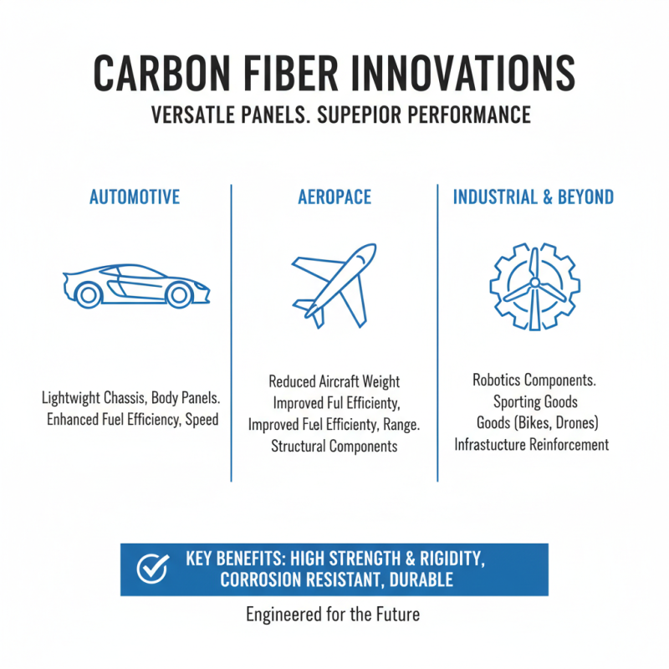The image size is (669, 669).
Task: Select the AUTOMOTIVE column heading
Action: (135, 197)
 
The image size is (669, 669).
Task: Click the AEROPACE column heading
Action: (334, 197)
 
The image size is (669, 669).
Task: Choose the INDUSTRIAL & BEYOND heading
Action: (533, 197)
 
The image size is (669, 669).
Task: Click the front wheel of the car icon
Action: (178, 294)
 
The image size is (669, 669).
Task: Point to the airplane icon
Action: (334, 285)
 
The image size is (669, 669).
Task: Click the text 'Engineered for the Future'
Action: (333, 615)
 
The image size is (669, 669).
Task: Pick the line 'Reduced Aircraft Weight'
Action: (334, 382)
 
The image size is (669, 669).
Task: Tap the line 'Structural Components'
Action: (334, 446)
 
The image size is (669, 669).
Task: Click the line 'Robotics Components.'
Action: (534, 380)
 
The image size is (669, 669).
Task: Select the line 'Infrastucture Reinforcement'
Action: (532, 444)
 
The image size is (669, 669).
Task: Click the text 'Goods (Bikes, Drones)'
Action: (532, 422)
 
